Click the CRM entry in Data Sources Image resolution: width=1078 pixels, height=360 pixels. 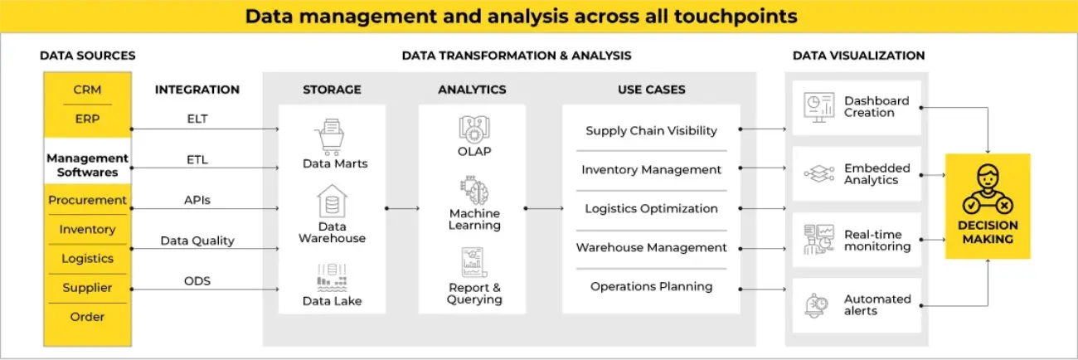click(87, 90)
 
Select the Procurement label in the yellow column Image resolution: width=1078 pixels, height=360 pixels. click(87, 200)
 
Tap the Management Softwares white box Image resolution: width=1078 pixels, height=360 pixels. click(87, 165)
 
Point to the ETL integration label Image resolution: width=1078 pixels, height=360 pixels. click(197, 159)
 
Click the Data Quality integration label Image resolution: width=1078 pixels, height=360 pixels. click(197, 241)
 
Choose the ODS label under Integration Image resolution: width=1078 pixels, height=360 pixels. click(197, 281)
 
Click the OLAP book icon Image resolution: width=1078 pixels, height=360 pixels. click(474, 129)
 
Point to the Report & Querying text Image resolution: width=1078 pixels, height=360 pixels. click(474, 294)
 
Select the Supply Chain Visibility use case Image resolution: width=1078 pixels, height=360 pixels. click(651, 131)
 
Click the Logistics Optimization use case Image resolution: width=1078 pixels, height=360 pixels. click(651, 208)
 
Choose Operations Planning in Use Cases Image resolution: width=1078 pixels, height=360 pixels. click(651, 286)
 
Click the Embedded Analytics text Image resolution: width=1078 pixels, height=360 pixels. click(876, 173)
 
